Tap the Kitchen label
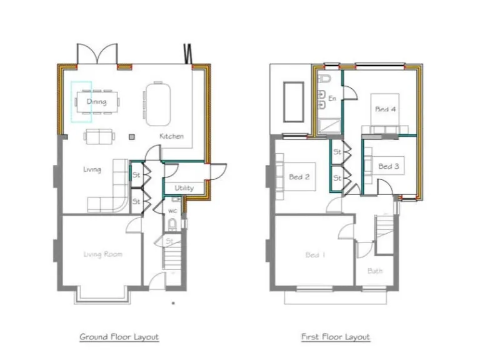coord(171,136)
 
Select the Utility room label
coord(184,188)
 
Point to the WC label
coord(172,211)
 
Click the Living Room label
coord(103,254)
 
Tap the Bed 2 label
coord(299,177)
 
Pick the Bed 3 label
coord(389,166)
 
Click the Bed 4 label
coord(386,109)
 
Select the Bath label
coord(375,271)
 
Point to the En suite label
coord(332,99)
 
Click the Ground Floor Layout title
coord(119,337)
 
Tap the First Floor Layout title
coord(336,337)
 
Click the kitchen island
coord(157,104)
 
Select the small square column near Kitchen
coord(131,136)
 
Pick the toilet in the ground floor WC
coord(172,224)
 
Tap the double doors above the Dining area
coord(97,54)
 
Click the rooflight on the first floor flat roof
coord(294,101)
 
